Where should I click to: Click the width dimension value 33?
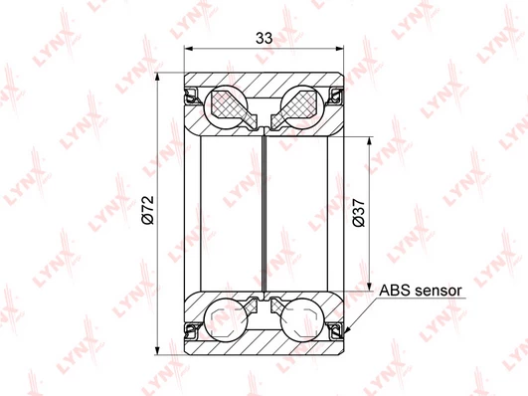[x=264, y=38]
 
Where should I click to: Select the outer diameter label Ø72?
[x=148, y=210]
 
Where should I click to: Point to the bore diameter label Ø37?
[x=358, y=213]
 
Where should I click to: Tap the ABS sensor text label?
[x=421, y=291]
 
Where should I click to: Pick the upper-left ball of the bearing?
[x=226, y=107]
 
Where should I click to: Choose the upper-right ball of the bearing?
[x=302, y=107]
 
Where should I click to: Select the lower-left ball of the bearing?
[x=226, y=319]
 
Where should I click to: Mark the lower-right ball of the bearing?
[x=302, y=319]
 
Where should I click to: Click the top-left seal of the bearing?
[x=192, y=96]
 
